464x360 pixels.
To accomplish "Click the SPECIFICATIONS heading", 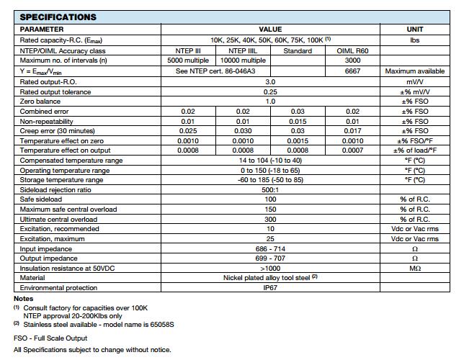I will click(x=58, y=17).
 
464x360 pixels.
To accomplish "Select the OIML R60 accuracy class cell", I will click(x=352, y=51).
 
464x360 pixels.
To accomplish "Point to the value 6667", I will click(x=352, y=71).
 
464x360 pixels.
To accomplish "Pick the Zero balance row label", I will click(x=40, y=102).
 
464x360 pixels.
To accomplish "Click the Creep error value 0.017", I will click(x=352, y=131).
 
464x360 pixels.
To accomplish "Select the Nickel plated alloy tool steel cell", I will click(x=269, y=277).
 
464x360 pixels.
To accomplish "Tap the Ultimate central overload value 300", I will click(x=270, y=219).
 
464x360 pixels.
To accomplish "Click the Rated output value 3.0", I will click(x=270, y=82).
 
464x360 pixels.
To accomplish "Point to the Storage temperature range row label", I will click(x=61, y=180).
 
